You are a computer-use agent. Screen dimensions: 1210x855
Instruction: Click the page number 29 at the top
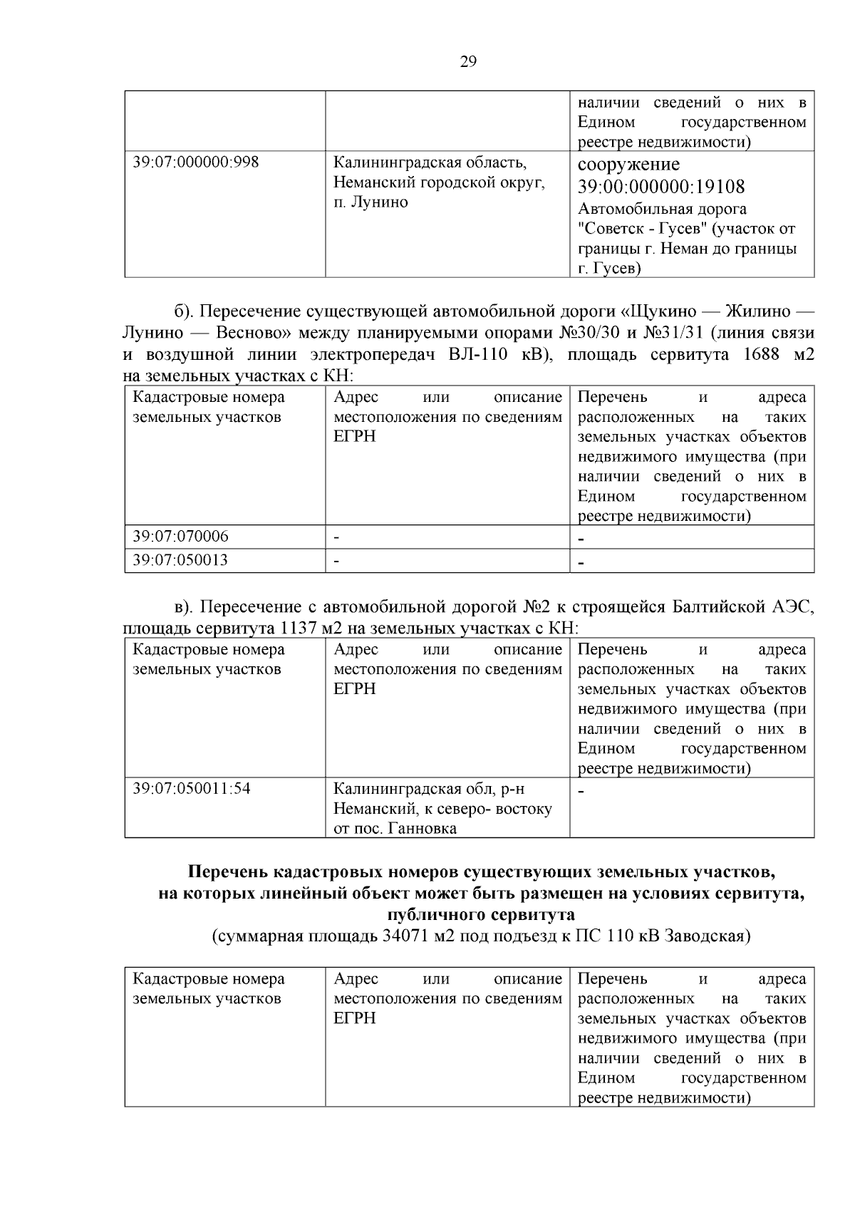pos(468,62)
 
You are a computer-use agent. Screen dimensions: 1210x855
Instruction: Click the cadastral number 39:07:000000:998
pos(196,162)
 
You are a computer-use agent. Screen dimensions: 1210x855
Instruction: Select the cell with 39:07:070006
pos(181,536)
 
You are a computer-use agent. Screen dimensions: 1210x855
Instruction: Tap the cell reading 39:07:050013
pos(181,560)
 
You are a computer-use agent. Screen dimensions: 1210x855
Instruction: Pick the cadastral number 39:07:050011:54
pos(192,789)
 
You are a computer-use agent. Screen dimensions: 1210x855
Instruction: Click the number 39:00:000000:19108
pos(661,187)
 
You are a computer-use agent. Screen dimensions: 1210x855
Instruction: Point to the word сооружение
pos(628,165)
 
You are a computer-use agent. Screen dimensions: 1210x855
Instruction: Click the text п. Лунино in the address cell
pos(370,202)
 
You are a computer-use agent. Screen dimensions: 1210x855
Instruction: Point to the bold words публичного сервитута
pos(481,914)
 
